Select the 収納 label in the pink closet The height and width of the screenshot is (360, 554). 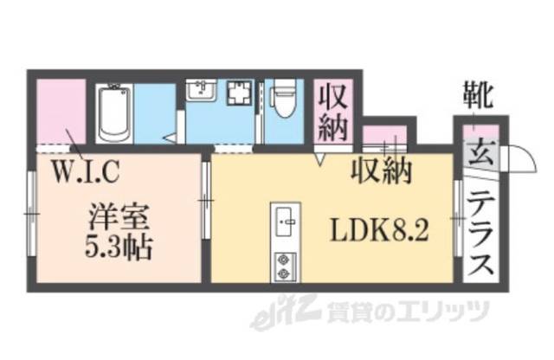(333, 111)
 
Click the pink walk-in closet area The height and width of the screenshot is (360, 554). (60, 110)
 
